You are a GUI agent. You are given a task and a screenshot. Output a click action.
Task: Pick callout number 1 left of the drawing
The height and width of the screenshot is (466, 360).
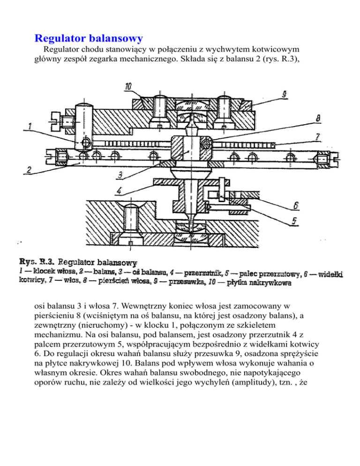29,126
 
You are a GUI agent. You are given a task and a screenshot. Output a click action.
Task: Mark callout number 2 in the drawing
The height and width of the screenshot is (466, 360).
29,170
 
